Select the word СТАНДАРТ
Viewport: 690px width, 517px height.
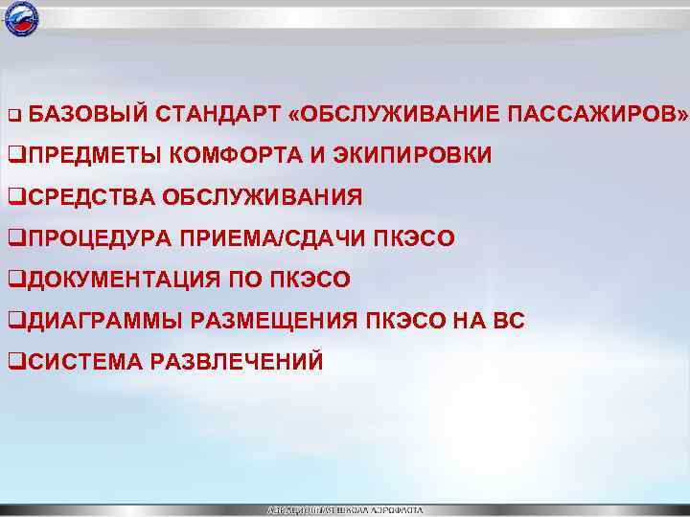tap(216, 115)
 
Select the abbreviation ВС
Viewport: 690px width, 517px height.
tap(508, 321)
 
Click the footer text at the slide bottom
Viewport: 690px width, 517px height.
tap(344, 510)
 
